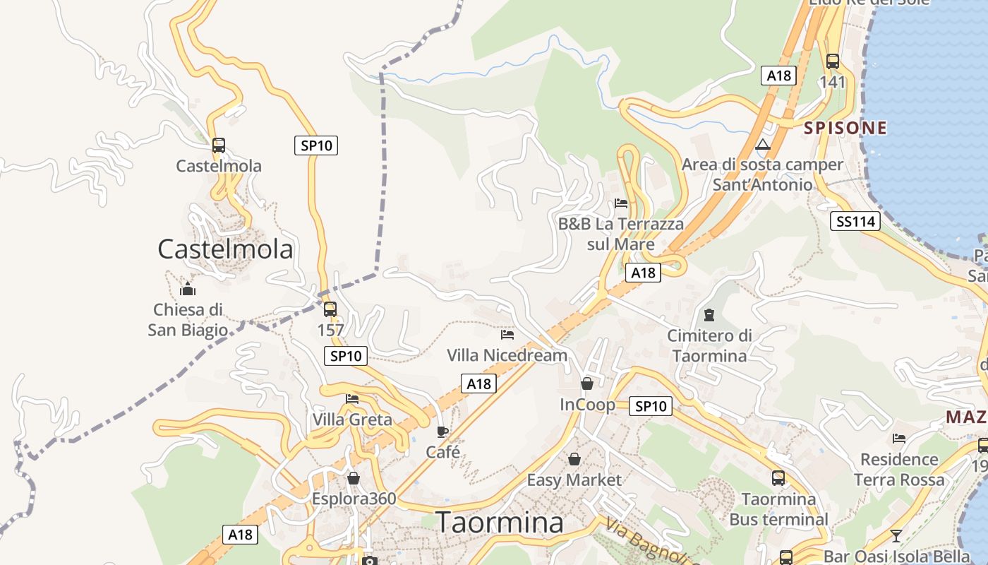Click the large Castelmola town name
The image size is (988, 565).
[x=225, y=249]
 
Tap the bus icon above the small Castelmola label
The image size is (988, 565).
[x=219, y=145]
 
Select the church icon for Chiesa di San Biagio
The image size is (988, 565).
[x=188, y=289]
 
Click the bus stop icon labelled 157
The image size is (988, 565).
[x=330, y=309]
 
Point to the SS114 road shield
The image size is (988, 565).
[x=855, y=222]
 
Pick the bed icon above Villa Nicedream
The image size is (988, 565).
[x=507, y=334]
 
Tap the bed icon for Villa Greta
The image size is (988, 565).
[x=352, y=399]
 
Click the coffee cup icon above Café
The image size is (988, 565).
[x=442, y=432]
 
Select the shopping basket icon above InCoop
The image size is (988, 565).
[x=586, y=383]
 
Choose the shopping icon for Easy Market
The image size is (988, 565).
[x=574, y=459]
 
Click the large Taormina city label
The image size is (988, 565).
[x=500, y=523]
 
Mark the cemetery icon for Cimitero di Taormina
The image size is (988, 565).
[x=709, y=315]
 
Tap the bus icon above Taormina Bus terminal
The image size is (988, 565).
[x=778, y=478]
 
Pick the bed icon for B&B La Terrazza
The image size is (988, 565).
[x=621, y=203]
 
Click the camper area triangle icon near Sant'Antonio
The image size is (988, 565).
[x=762, y=145]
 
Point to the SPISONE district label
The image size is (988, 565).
[x=845, y=128]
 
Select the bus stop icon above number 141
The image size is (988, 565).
[x=833, y=61]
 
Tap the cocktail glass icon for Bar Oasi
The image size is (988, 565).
[x=896, y=535]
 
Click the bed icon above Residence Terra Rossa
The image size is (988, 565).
[x=898, y=439]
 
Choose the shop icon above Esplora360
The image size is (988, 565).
[x=354, y=478]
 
